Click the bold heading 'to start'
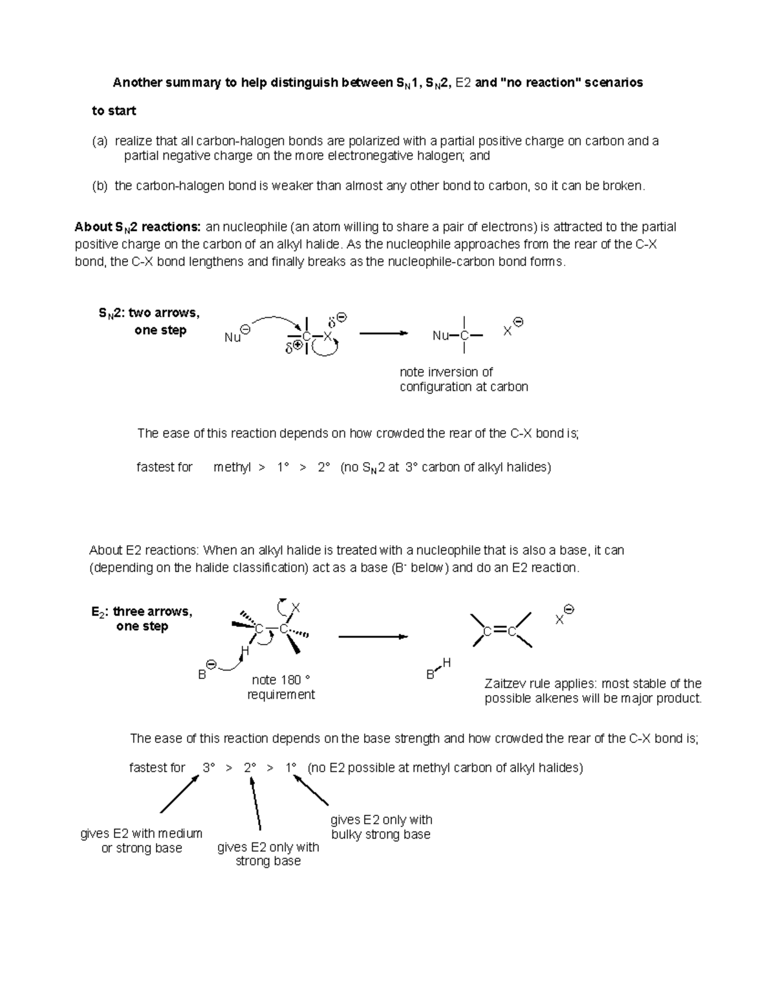point(114,111)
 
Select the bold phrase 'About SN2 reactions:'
point(138,227)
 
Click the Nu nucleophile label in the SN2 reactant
point(232,337)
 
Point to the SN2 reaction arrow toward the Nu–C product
point(383,333)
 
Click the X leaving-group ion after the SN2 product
point(508,331)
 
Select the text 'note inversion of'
point(446,372)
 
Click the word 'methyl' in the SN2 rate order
point(232,467)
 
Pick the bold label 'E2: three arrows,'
point(142,612)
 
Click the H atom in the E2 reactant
point(244,650)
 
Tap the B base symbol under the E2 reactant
point(202,674)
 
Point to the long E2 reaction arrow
point(372,637)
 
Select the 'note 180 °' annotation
point(281,680)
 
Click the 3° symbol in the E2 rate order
point(208,768)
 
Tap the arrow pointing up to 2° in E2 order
point(256,802)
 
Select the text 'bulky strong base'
point(380,834)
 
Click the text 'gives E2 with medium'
point(141,834)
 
